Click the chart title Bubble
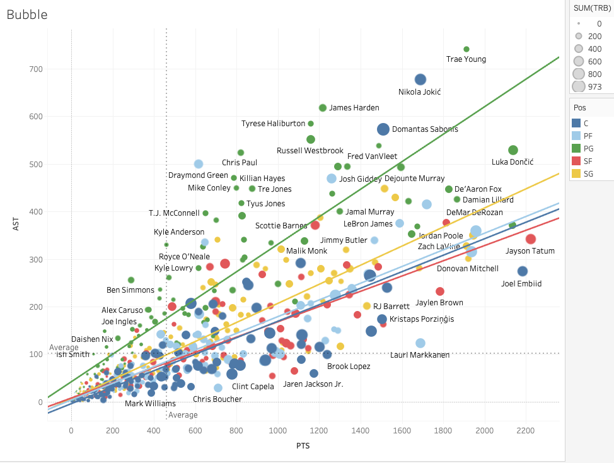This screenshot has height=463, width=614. coord(27,14)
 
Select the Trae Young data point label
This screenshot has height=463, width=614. coord(466,59)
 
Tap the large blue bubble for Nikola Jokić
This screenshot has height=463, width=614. coord(420,79)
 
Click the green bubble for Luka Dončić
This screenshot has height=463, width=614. coord(513,150)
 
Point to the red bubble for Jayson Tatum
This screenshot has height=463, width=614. coord(531,239)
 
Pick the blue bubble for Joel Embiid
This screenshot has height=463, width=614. coord(522,271)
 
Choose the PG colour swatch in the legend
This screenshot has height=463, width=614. coord(576,148)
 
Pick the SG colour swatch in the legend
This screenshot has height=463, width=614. coord(576,173)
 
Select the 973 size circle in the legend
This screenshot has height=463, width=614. coord(578,86)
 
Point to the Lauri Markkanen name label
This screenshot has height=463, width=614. coord(420,355)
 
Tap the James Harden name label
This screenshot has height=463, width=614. coord(354,108)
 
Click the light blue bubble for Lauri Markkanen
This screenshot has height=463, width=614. coord(420,343)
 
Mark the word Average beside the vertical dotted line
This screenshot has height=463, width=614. coord(183,415)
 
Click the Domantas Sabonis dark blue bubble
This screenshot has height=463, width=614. coord(383,129)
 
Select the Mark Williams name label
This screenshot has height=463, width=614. coord(150,404)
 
